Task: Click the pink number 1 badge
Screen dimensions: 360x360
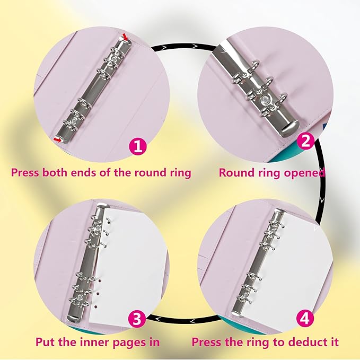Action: coord(138,146)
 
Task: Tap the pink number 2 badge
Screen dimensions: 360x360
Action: coord(305,141)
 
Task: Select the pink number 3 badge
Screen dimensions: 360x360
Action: coord(137,319)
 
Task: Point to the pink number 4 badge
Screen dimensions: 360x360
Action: coord(305,318)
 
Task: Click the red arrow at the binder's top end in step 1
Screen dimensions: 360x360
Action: coord(125,37)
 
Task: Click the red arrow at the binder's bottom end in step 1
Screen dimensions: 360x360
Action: coord(57,139)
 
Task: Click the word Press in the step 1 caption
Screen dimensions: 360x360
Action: coord(25,172)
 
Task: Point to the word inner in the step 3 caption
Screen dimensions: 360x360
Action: coord(87,342)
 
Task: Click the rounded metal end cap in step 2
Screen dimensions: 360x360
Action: coord(289,128)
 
